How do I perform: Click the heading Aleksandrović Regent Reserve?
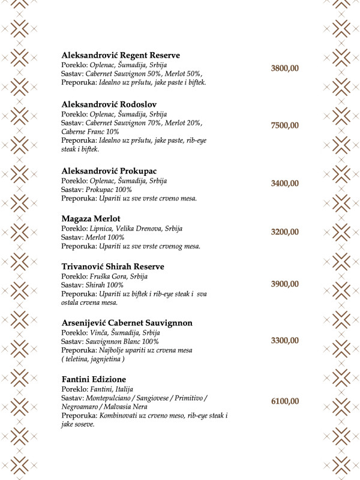pyautogui.click(x=121, y=55)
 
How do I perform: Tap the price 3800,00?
pyautogui.click(x=284, y=68)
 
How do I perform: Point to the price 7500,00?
pyautogui.click(x=284, y=125)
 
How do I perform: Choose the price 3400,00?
pyautogui.click(x=284, y=184)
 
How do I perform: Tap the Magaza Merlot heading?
pyautogui.click(x=91, y=219)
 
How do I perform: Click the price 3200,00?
pyautogui.click(x=284, y=232)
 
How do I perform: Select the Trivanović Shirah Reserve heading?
pyautogui.click(x=113, y=266)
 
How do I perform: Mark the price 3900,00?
pyautogui.click(x=284, y=284)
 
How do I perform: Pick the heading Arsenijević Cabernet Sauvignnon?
pyautogui.click(x=127, y=323)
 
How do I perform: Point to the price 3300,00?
pyautogui.click(x=284, y=341)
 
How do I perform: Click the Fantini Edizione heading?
pyautogui.click(x=94, y=380)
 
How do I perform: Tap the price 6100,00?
pyautogui.click(x=284, y=401)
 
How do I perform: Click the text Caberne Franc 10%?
pyautogui.click(x=90, y=131)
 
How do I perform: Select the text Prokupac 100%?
pyautogui.click(x=109, y=190)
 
